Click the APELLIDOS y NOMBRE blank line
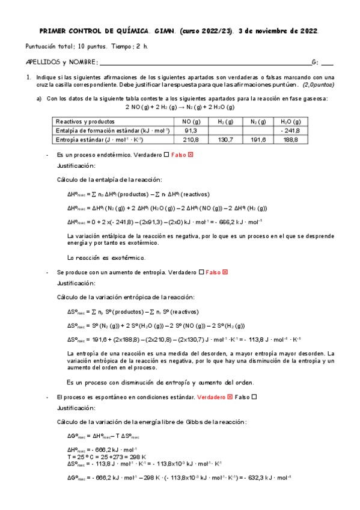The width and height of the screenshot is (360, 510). pos(204,62)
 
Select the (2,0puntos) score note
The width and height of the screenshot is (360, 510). pos(319,85)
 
